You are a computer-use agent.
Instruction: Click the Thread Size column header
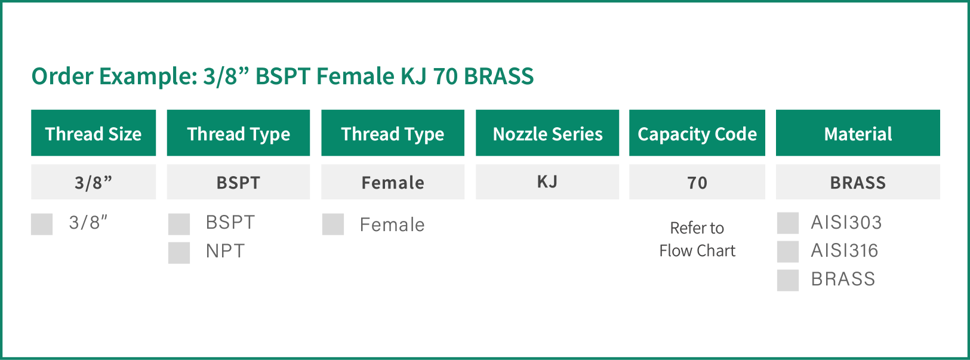tap(94, 133)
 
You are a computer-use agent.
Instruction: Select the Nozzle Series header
tap(547, 133)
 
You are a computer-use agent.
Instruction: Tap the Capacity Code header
tap(697, 133)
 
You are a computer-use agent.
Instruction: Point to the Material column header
tap(858, 133)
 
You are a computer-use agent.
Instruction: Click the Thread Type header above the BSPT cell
tap(239, 133)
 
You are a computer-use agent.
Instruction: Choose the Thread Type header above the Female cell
tap(393, 133)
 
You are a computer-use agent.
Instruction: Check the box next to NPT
tap(179, 253)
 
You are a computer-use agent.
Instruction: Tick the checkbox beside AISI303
tap(788, 223)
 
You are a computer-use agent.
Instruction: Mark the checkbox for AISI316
tap(788, 252)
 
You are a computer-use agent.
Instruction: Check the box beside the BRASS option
tap(788, 280)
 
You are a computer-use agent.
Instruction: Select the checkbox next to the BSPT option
tap(179, 224)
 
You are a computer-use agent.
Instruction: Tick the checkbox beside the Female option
tap(333, 224)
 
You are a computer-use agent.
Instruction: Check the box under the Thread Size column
tap(42, 224)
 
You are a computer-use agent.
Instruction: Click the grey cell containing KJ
tap(547, 182)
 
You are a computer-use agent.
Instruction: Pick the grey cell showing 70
tap(697, 182)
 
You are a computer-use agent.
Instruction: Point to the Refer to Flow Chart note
tap(697, 239)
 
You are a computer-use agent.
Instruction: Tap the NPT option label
tap(225, 251)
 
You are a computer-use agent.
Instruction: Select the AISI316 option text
tap(845, 251)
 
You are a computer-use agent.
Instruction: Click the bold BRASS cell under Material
tap(858, 182)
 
